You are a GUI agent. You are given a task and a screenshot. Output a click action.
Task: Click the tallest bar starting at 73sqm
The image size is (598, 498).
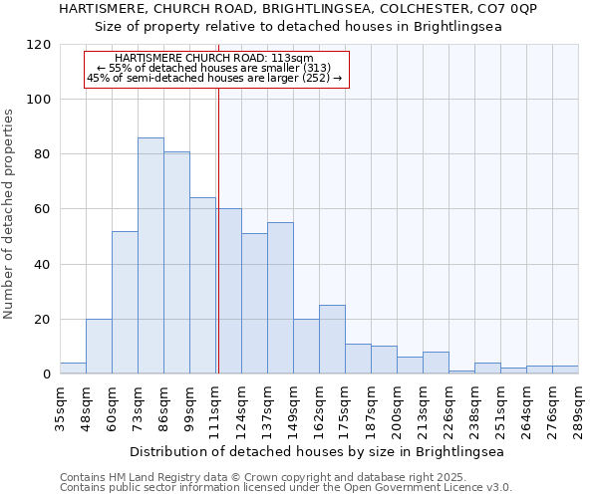pyautogui.click(x=150, y=256)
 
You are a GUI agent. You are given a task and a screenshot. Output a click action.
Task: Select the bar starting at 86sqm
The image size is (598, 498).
pyautogui.click(x=176, y=263)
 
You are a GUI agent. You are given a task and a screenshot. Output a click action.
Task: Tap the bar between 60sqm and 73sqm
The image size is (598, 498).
pyautogui.click(x=125, y=303)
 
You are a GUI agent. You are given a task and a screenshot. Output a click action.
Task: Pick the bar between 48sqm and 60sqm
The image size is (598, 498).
pyautogui.click(x=99, y=347)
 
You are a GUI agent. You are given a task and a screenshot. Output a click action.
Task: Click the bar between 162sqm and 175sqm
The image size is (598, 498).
pyautogui.click(x=332, y=340)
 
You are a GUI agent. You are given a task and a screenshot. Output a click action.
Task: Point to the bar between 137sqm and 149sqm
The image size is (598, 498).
pyautogui.click(x=280, y=299)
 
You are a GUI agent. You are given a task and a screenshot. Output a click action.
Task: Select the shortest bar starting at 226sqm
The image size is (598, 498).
pyautogui.click(x=461, y=373)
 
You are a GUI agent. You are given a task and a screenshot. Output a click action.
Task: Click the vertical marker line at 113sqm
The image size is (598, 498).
pyautogui.click(x=218, y=229)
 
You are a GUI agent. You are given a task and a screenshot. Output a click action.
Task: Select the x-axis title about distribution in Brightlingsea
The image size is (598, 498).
pyautogui.click(x=317, y=451)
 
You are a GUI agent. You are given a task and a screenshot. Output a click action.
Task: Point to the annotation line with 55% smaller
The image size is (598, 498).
pyautogui.click(x=213, y=68)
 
